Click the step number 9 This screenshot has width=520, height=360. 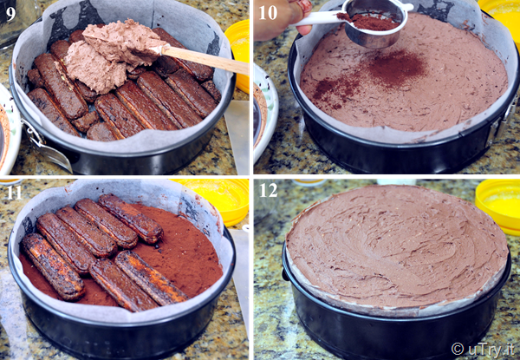10,14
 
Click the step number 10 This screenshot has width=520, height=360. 268,13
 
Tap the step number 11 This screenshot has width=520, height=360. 14,193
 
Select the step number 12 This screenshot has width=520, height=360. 269,191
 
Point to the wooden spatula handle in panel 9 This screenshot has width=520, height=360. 205,59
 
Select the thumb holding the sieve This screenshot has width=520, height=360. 304,29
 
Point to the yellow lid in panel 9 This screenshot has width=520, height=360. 238,55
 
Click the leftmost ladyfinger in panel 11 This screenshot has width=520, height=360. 52,266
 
